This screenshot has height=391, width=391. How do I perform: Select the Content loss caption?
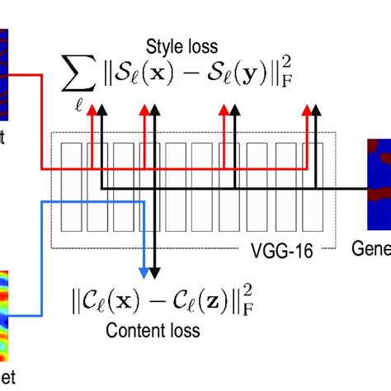tap(153, 331)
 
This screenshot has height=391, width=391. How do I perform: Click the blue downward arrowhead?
tap(145, 272)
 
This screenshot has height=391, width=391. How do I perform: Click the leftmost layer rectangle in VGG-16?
tap(73, 186)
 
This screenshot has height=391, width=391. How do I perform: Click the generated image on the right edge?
tap(379, 183)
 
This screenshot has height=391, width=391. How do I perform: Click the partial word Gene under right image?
tap(370, 247)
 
